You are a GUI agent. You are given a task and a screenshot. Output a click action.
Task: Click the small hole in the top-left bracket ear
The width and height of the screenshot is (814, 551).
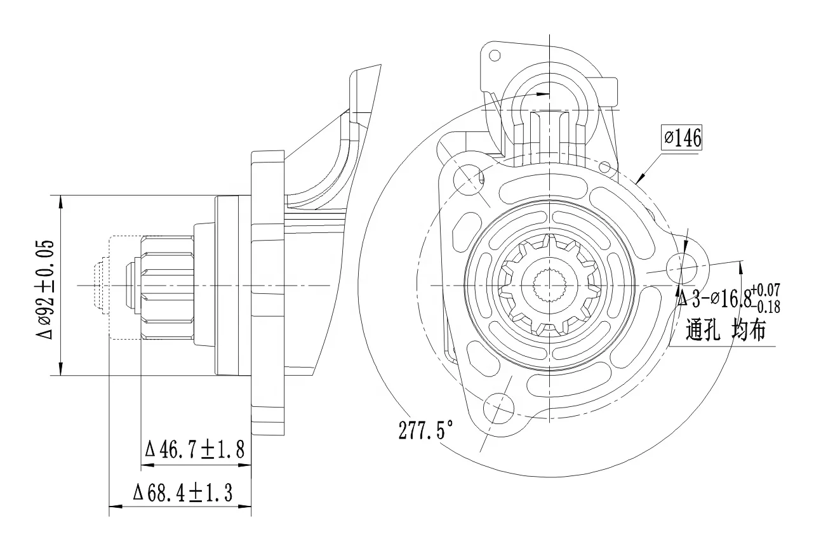click(495, 55)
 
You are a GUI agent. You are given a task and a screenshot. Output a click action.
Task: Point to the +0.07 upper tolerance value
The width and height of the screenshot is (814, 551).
click(767, 290)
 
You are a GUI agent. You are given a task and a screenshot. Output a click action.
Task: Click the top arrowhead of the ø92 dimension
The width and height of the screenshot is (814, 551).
click(61, 201)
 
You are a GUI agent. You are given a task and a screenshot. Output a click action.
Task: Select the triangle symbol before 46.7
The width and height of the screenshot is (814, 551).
click(151, 451)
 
